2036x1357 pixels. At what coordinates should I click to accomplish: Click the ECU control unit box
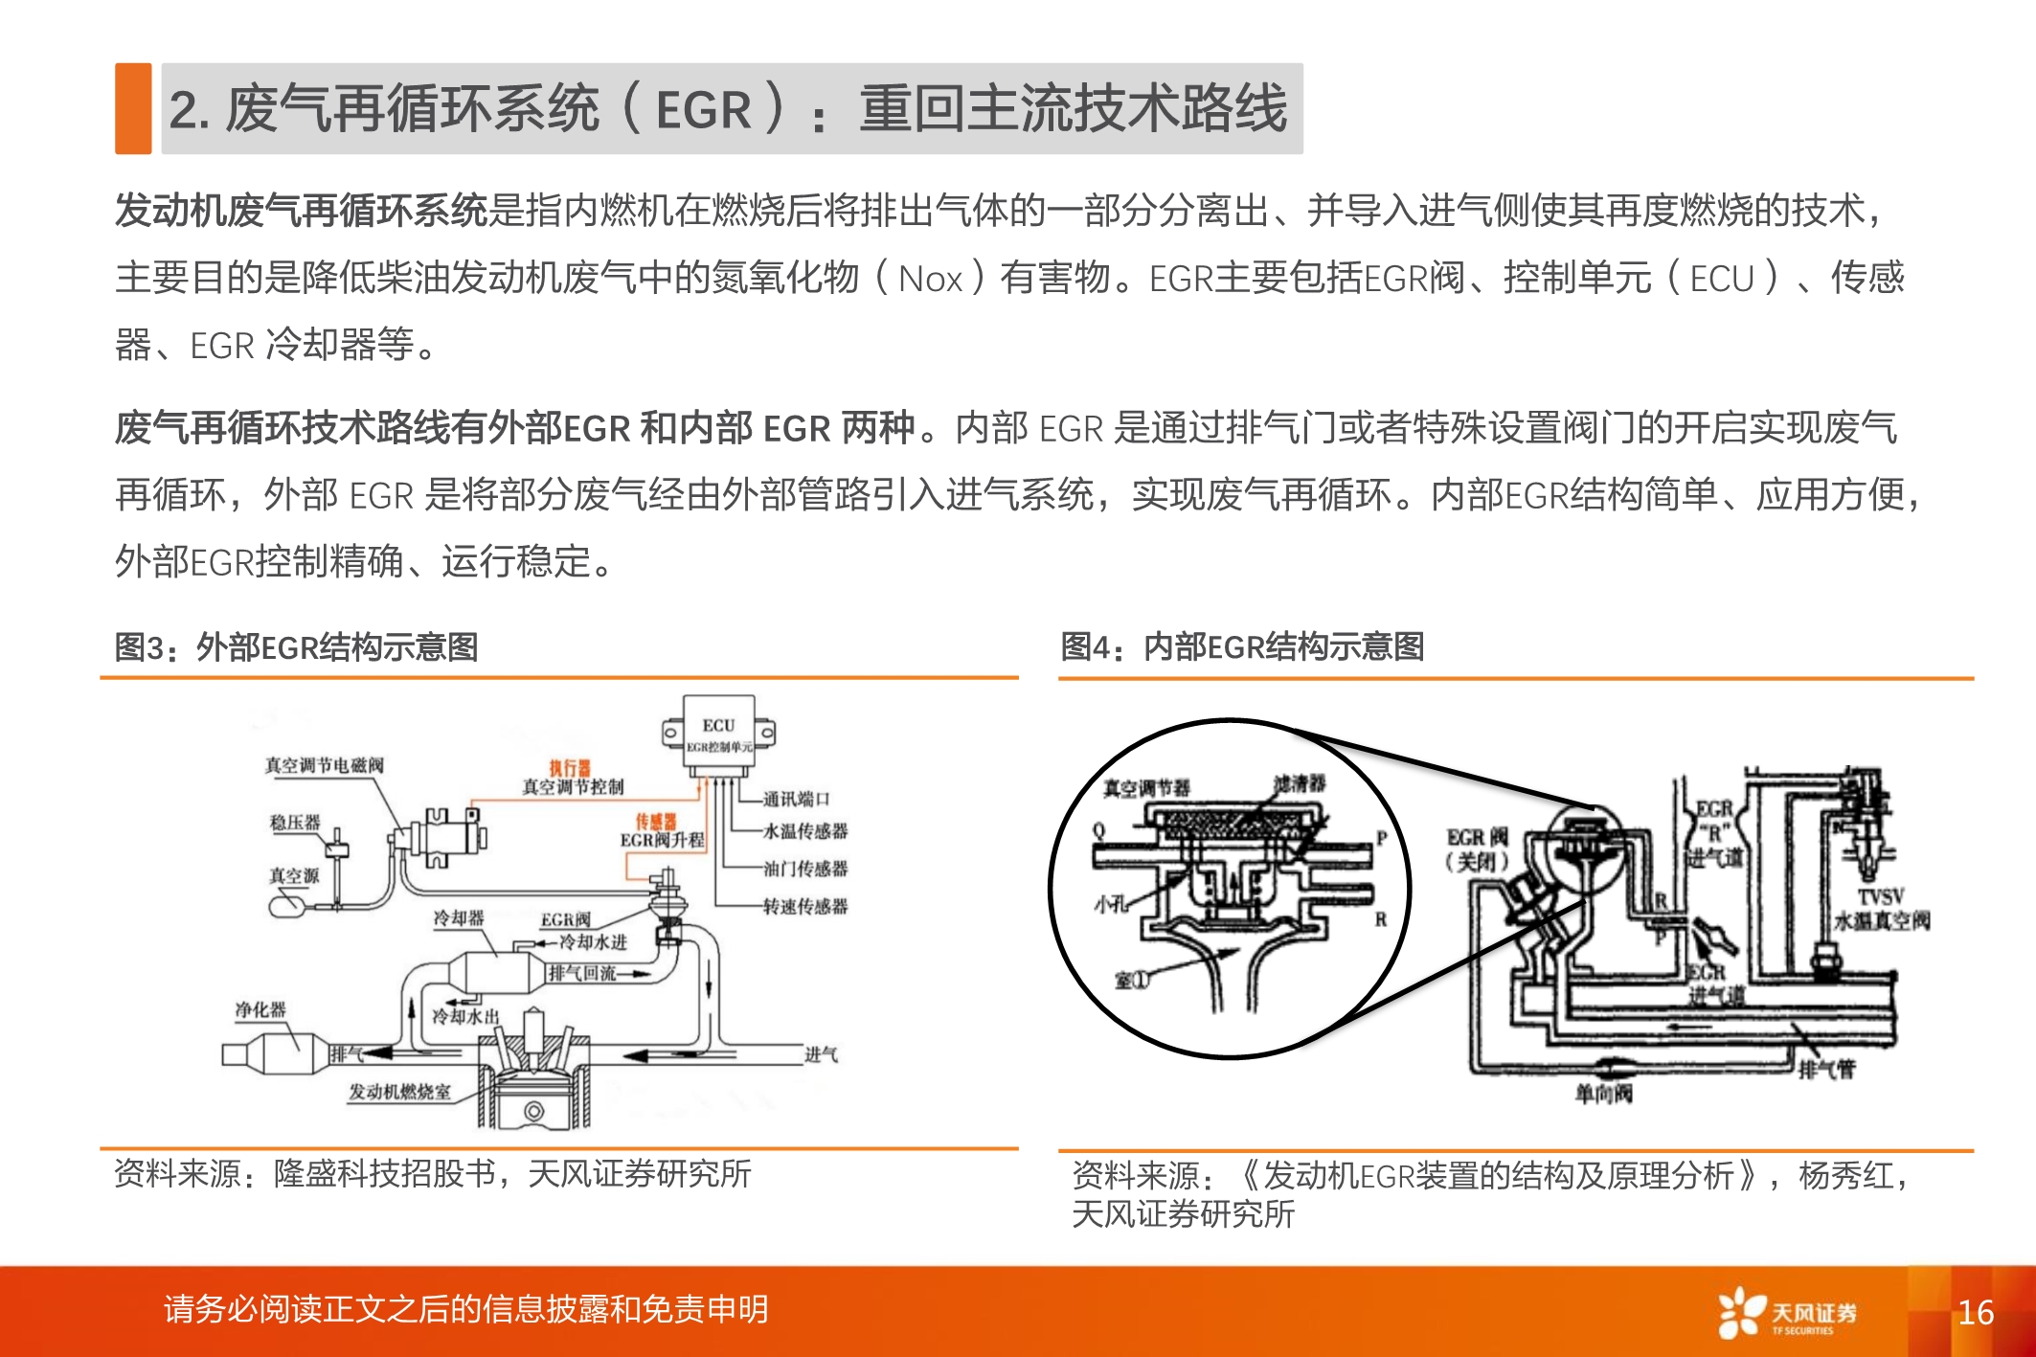tap(719, 733)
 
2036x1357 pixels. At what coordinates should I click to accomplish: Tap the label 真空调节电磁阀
tap(324, 765)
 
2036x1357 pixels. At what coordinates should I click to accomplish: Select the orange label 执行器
tap(570, 768)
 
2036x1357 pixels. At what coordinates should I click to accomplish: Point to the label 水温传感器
tap(804, 831)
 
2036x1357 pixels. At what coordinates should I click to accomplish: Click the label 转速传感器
tap(804, 906)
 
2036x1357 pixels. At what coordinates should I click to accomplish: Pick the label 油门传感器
tap(804, 869)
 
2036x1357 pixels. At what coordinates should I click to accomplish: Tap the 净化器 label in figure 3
tap(260, 1009)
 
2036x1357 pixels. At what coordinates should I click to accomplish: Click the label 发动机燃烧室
tap(399, 1092)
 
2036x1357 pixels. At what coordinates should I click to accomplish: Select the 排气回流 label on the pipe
tap(582, 973)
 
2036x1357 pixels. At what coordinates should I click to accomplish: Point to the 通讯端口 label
tap(796, 799)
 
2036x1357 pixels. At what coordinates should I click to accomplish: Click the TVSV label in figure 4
tap(1881, 897)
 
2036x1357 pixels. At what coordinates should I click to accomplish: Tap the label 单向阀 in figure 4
tap(1603, 1093)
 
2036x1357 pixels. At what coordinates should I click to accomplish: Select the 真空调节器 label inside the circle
tap(1146, 788)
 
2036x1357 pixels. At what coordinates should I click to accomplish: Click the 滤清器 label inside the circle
tap(1300, 783)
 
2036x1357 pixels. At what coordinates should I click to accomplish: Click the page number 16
tap(1976, 1312)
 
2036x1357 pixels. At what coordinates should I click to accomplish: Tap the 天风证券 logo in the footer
tap(1787, 1313)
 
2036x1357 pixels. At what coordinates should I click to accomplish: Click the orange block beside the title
tap(133, 108)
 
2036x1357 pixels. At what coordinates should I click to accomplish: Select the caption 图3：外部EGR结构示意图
tap(296, 647)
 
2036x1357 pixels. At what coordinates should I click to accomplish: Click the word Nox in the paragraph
tap(930, 280)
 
